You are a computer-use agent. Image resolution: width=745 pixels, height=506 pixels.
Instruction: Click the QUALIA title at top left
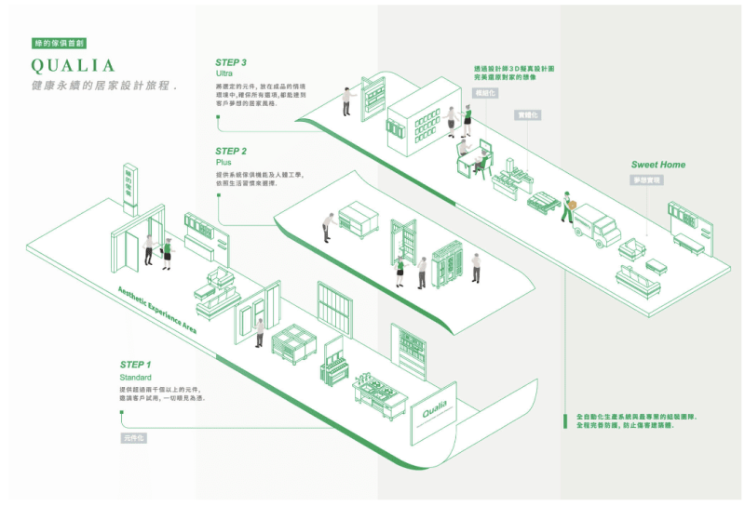(73, 66)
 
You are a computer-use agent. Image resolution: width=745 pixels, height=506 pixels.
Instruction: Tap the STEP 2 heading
(231, 151)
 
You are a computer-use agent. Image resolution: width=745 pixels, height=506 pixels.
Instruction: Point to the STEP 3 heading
(231, 62)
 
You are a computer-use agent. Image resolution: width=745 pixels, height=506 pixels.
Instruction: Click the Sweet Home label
(657, 165)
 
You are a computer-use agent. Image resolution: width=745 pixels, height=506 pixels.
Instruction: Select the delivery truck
(596, 226)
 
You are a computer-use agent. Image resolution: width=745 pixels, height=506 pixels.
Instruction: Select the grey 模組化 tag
(485, 94)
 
